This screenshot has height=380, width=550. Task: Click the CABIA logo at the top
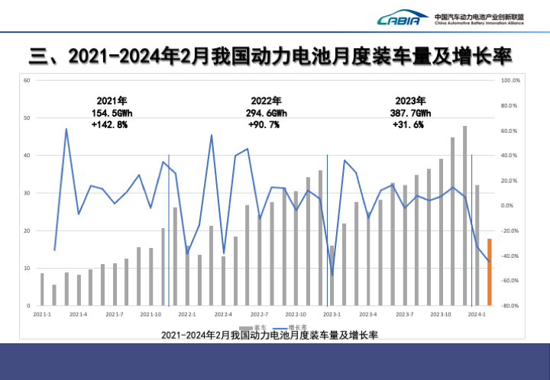coord(399,19)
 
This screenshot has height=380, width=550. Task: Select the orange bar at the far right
coord(490,272)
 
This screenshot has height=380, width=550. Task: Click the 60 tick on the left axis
coord(27,80)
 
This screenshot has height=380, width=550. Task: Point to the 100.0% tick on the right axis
coord(510,80)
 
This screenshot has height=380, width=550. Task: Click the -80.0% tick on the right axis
coord(510,306)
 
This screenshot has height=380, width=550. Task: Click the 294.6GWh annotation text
coord(266,112)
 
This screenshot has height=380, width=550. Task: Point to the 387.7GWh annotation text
coord(410,112)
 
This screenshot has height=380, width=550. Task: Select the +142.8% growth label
coord(109,124)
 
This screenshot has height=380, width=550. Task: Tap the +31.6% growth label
coord(408,124)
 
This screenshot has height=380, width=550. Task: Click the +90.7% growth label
coord(264,124)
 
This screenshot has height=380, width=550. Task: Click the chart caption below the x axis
coord(270,335)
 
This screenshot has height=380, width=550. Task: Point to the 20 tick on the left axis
coord(27,230)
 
